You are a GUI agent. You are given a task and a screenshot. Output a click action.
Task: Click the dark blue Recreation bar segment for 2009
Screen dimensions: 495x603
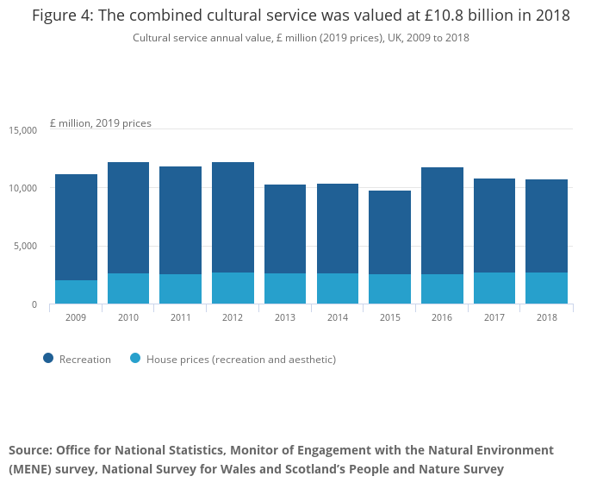click(76, 227)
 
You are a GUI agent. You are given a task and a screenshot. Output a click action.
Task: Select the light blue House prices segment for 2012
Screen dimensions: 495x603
click(233, 288)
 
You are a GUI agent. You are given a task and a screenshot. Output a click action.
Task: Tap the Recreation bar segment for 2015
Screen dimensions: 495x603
click(389, 232)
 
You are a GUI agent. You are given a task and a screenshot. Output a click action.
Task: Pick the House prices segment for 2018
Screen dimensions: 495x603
click(547, 288)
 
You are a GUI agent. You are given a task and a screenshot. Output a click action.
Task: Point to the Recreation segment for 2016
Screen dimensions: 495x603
click(442, 221)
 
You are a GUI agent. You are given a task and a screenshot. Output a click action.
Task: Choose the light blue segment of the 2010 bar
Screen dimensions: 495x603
click(128, 288)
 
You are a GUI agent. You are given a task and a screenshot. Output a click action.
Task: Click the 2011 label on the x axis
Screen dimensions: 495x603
click(180, 317)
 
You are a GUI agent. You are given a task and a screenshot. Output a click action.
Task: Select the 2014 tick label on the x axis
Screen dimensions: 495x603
click(338, 317)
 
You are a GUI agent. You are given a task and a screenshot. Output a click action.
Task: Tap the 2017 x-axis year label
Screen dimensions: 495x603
click(494, 317)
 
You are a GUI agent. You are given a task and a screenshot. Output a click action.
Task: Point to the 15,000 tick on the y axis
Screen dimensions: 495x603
click(23, 130)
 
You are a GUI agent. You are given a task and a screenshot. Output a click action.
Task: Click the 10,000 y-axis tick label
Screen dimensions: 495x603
click(23, 188)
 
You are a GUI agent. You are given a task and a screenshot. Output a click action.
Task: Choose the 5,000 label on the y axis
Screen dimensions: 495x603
click(26, 247)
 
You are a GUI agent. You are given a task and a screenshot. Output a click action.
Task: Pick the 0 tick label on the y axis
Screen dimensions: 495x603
click(34, 304)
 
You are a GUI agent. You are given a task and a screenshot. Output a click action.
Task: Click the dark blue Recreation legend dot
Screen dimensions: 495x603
click(48, 359)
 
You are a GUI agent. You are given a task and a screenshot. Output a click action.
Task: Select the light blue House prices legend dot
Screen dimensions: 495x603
click(135, 359)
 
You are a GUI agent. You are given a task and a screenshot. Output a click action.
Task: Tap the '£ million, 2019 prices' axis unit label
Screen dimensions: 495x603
click(101, 123)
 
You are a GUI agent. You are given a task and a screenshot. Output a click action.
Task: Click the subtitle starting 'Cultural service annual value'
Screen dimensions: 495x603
click(301, 38)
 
